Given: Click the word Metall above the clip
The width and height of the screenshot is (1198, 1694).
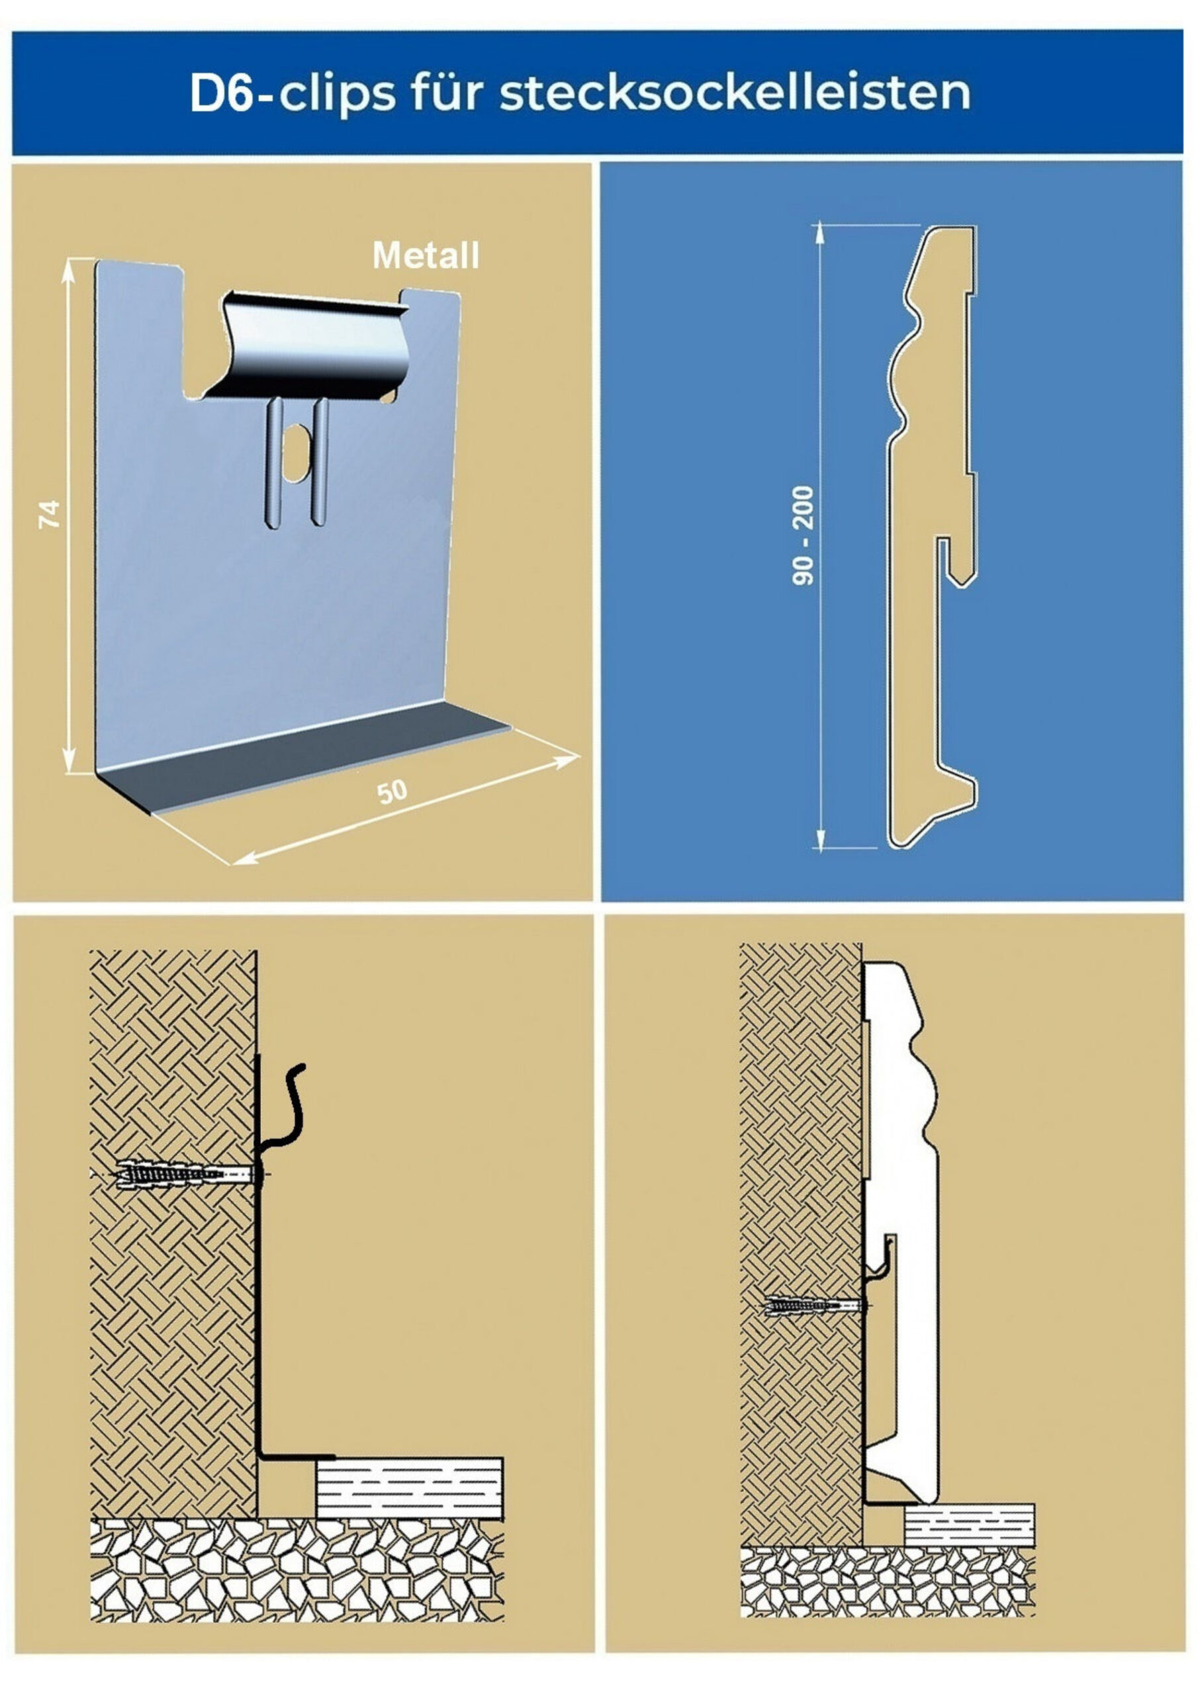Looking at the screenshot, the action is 426,255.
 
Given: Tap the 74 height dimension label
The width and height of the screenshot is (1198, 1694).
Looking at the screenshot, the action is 50,513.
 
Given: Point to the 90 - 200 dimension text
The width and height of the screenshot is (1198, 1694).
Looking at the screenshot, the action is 802,535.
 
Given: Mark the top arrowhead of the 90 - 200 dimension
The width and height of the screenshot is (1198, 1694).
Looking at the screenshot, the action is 819,234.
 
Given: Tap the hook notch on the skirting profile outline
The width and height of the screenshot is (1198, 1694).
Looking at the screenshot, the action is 956,560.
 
